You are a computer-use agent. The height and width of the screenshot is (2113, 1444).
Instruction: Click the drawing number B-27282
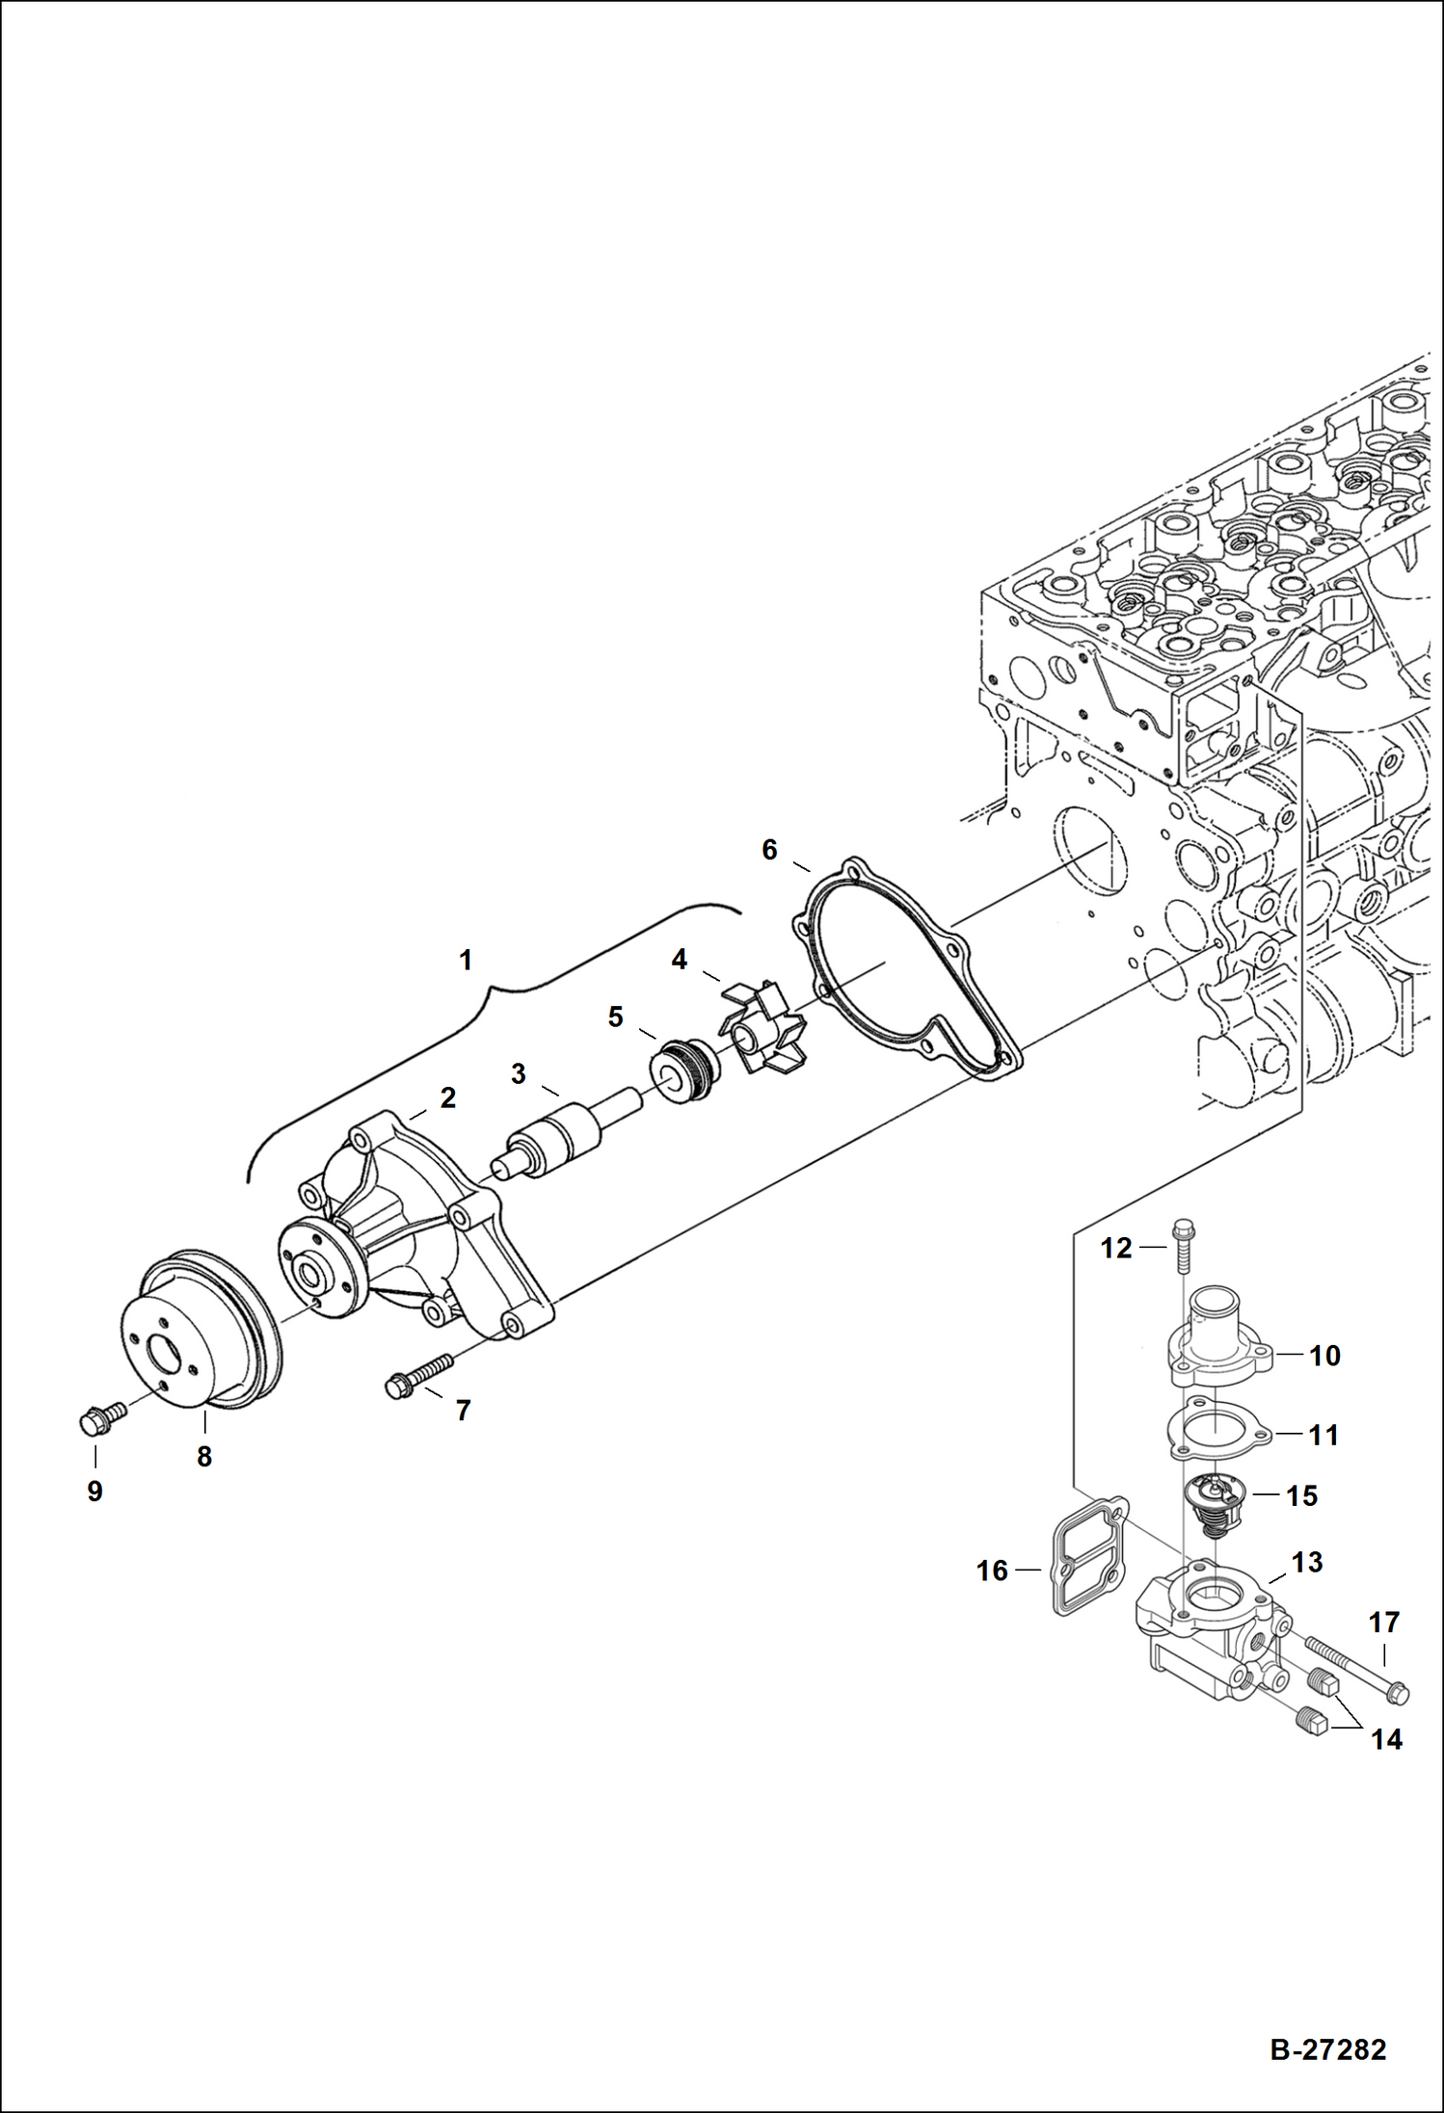1327,2048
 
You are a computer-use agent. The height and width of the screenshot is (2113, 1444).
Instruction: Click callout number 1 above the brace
466,960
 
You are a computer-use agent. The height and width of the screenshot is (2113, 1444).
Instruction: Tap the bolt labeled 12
1182,1247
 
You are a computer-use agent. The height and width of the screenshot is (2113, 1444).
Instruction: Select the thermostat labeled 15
1216,1504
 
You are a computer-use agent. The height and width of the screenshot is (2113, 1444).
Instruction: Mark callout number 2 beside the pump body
447,1097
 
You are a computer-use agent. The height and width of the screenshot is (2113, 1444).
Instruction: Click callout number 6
769,850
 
